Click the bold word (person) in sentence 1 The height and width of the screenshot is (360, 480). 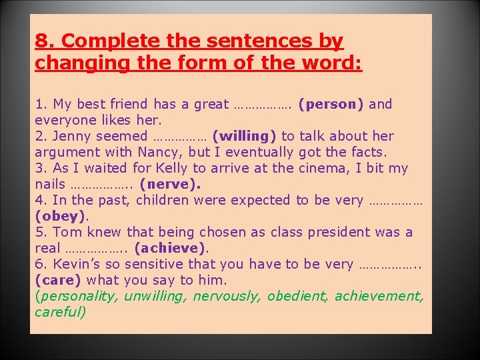pyautogui.click(x=331, y=105)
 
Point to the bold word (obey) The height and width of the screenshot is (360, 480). pyautogui.click(x=61, y=217)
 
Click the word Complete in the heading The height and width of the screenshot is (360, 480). pyautogui.click(x=111, y=41)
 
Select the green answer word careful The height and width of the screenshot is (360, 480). pyautogui.click(x=61, y=312)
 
